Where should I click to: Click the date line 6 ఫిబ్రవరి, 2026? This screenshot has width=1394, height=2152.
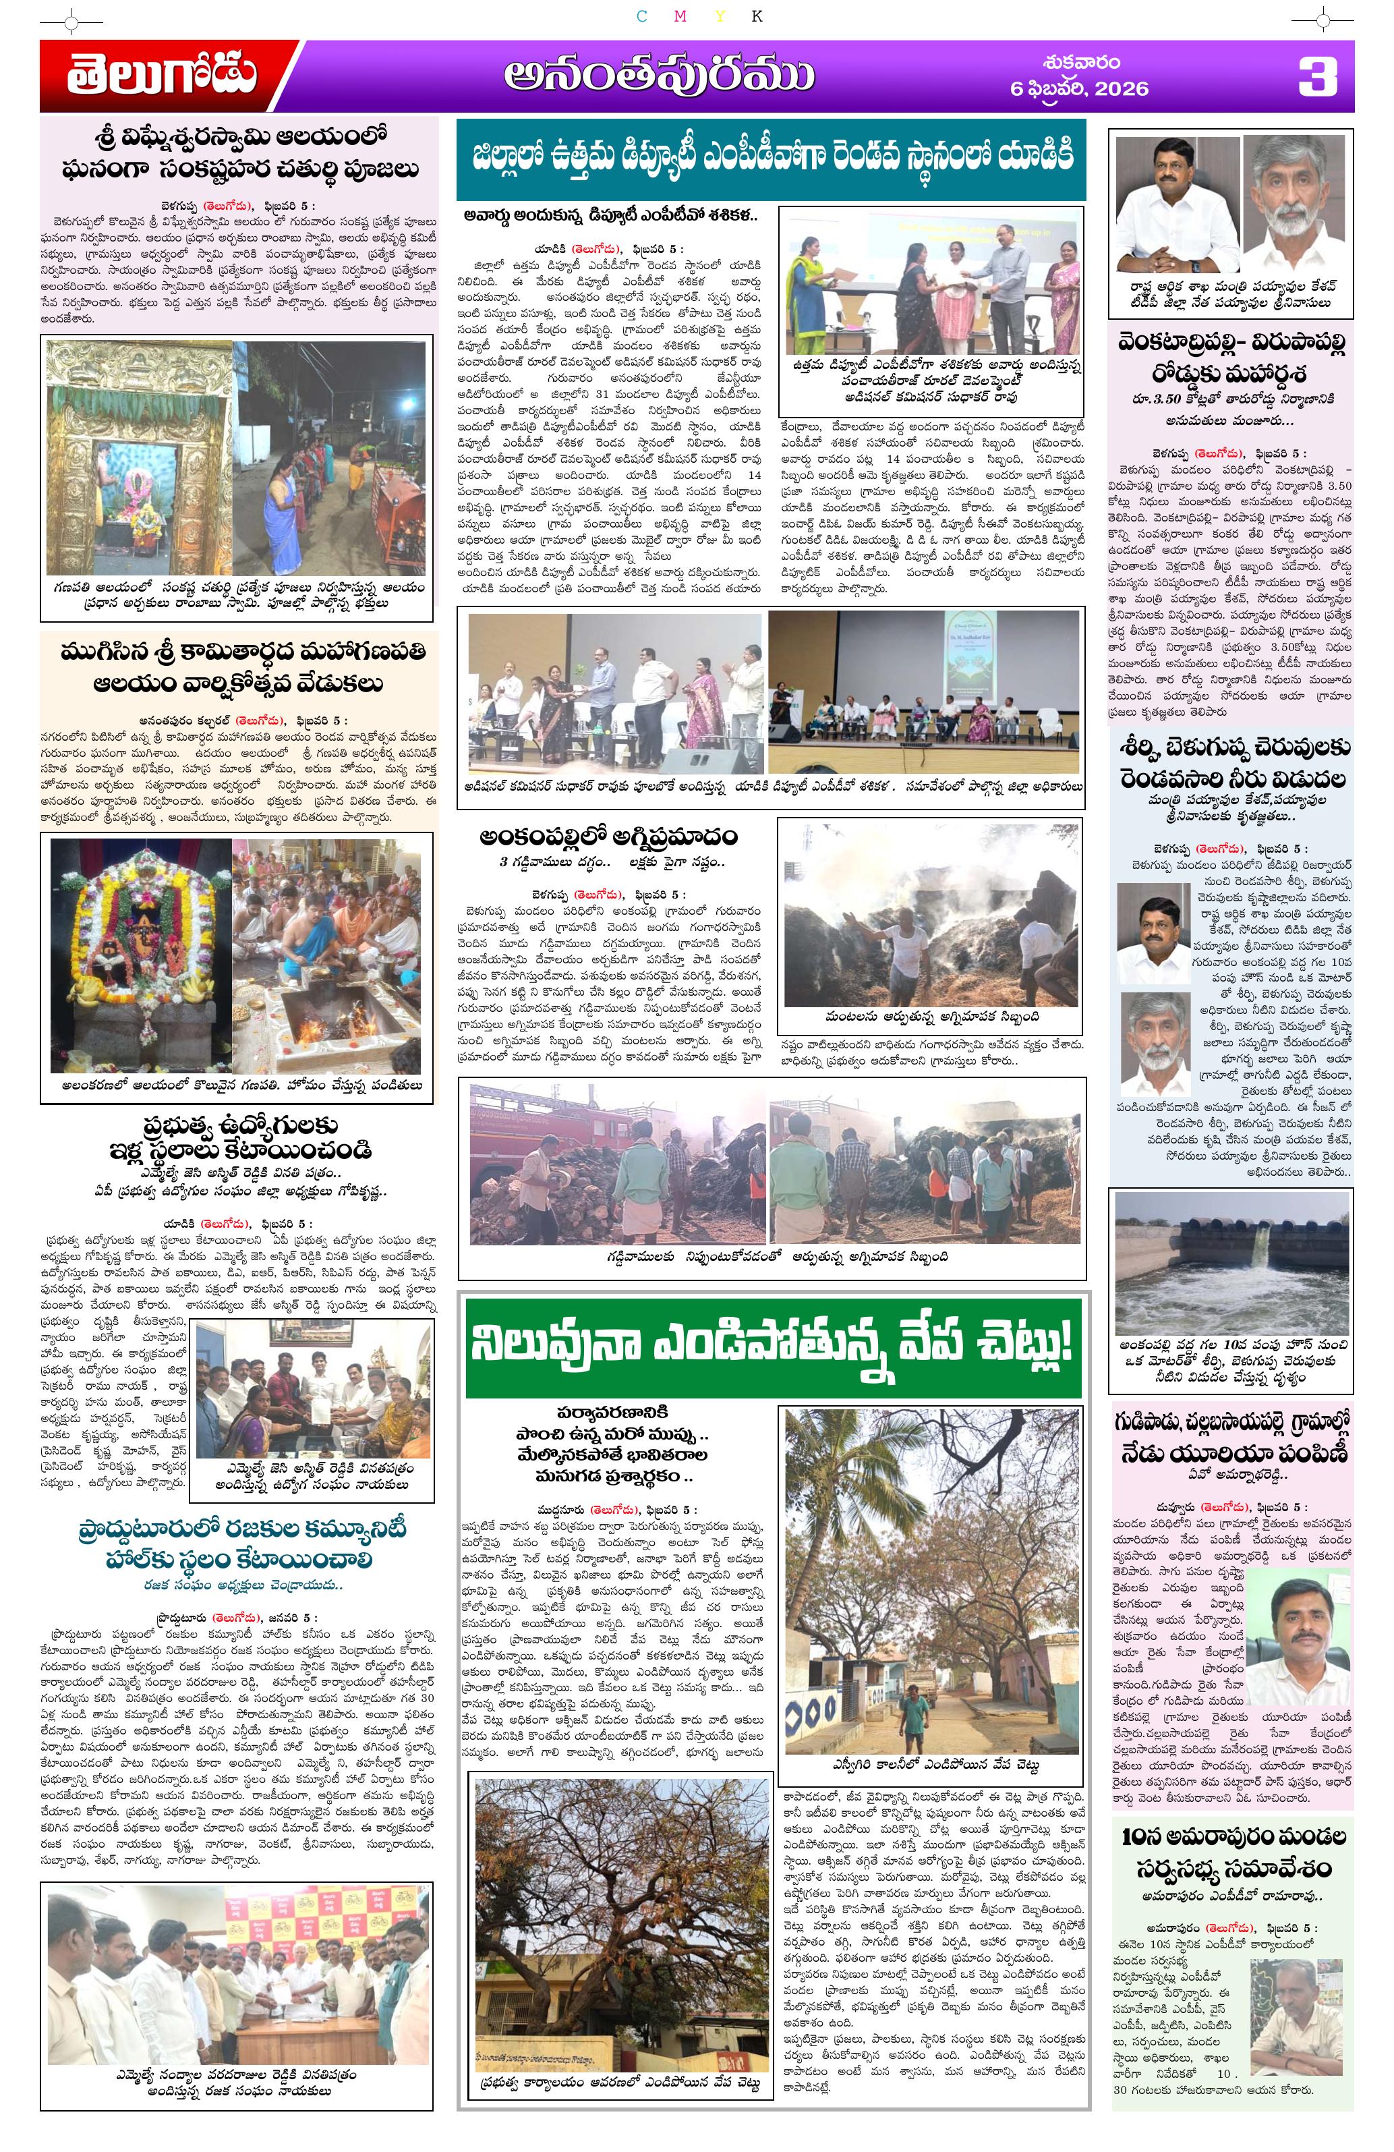(1080, 88)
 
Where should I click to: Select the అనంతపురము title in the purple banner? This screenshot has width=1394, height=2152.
(658, 77)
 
